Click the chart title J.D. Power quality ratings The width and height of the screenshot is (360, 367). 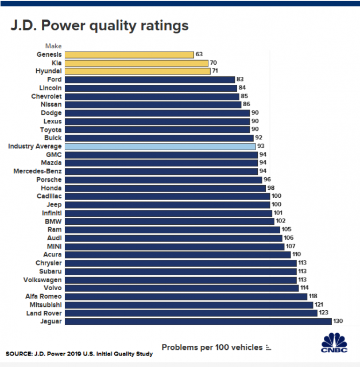point(98,26)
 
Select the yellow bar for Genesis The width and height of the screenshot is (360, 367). point(129,54)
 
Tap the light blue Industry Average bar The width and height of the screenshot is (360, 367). point(160,146)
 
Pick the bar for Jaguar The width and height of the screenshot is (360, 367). point(198,321)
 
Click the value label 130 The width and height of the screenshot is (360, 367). point(339,321)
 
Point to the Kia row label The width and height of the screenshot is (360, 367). point(56,63)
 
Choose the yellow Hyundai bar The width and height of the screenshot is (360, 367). point(137,71)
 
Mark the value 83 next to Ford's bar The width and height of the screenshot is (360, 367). point(242,80)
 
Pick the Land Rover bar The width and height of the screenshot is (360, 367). point(191,313)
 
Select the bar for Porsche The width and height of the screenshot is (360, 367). point(162,179)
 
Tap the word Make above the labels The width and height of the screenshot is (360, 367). point(53,46)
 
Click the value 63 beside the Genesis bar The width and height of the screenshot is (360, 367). point(200,54)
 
